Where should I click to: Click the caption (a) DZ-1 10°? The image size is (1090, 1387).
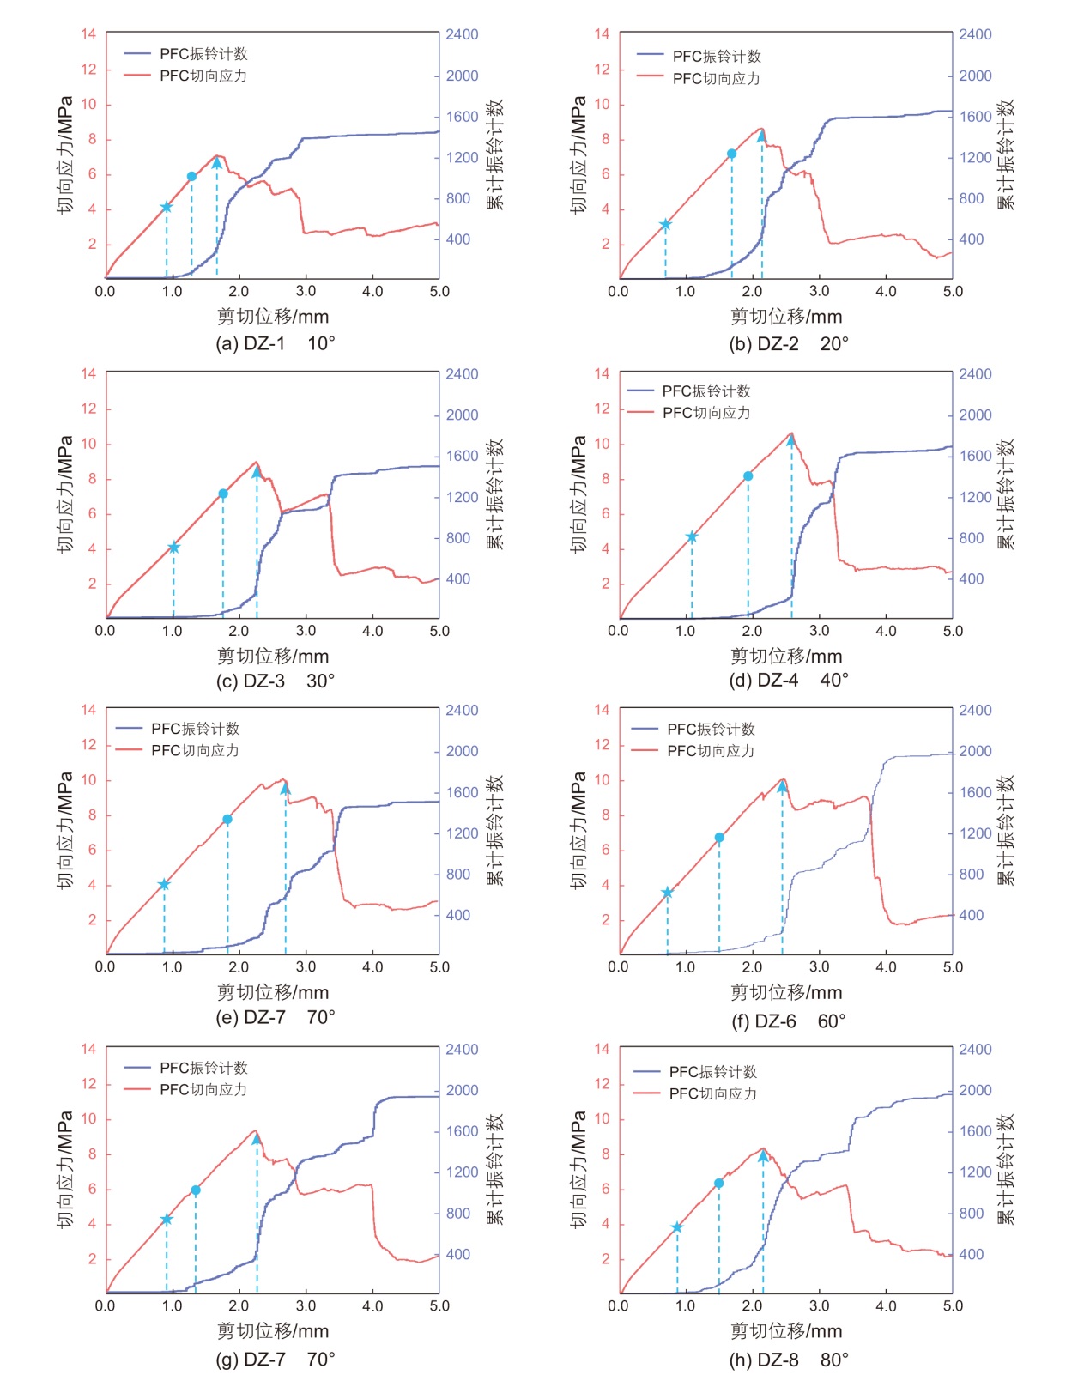click(275, 343)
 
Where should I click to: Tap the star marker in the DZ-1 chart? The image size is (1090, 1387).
click(167, 207)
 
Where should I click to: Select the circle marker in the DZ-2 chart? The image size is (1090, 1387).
click(732, 154)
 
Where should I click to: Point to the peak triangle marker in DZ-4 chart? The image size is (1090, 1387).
click(791, 440)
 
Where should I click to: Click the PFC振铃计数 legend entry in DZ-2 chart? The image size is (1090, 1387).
click(716, 57)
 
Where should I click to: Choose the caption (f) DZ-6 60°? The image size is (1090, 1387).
click(788, 1021)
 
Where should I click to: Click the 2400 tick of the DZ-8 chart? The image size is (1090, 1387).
click(975, 1050)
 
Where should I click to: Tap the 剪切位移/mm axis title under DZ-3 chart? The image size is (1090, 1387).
click(273, 657)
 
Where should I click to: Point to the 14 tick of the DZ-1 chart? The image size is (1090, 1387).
click(88, 34)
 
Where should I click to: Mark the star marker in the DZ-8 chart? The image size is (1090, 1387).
click(677, 1227)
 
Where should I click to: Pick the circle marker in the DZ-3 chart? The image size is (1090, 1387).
click(223, 494)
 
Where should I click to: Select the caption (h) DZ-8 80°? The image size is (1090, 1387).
click(788, 1360)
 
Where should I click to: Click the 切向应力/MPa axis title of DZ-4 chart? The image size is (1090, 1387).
click(578, 494)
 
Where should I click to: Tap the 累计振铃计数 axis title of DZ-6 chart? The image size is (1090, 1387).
click(1006, 831)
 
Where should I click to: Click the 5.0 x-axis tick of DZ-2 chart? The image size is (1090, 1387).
click(953, 292)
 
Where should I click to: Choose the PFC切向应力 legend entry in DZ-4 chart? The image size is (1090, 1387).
click(705, 413)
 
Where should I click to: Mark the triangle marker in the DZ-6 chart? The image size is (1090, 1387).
click(782, 787)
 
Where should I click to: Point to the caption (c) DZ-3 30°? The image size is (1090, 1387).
click(275, 681)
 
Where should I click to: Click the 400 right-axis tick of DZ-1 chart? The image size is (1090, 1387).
click(458, 239)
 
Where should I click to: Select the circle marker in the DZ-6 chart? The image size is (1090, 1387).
click(719, 838)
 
